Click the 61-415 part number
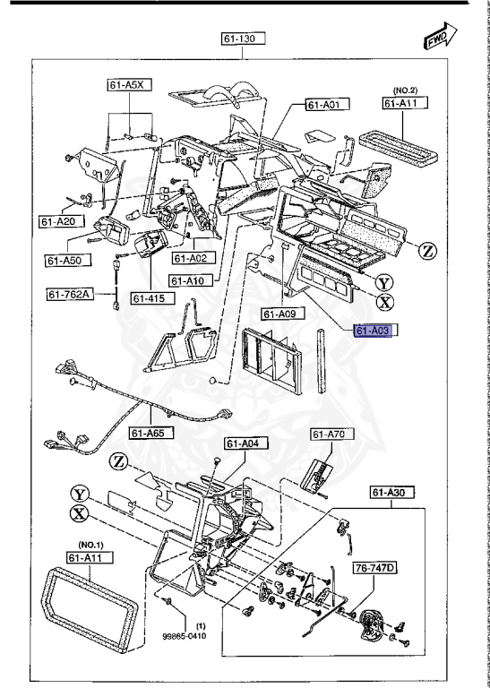pyautogui.click(x=149, y=297)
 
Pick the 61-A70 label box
pyautogui.click(x=328, y=434)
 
